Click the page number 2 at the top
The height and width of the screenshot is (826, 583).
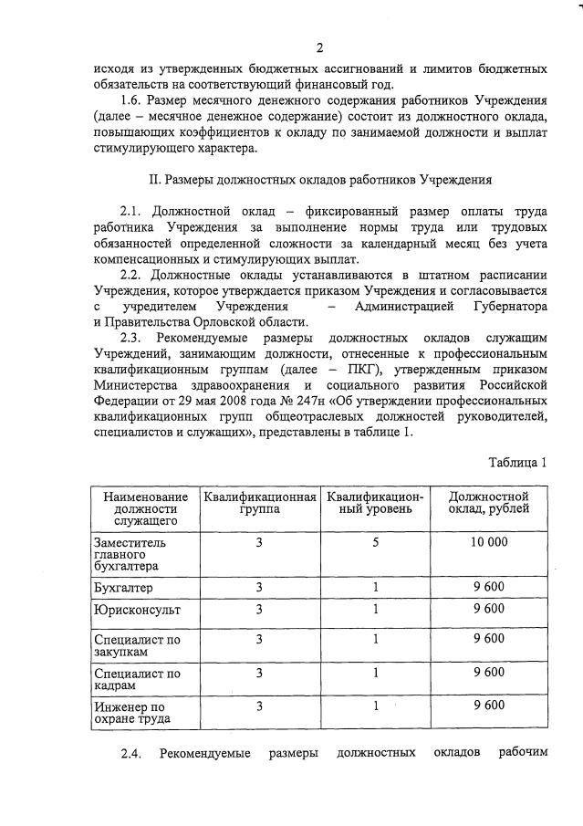click(319, 47)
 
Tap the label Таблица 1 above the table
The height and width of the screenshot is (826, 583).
click(516, 462)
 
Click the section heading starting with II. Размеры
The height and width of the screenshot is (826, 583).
click(320, 180)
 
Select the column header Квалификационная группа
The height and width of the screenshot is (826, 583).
click(260, 504)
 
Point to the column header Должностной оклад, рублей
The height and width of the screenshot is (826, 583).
click(488, 504)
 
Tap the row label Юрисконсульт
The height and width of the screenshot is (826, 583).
click(137, 609)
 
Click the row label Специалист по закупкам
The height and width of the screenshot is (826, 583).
click(137, 646)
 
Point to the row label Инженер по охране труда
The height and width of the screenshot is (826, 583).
click(132, 713)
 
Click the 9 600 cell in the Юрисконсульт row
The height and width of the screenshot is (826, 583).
click(488, 609)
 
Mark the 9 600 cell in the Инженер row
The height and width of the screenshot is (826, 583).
click(488, 706)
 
